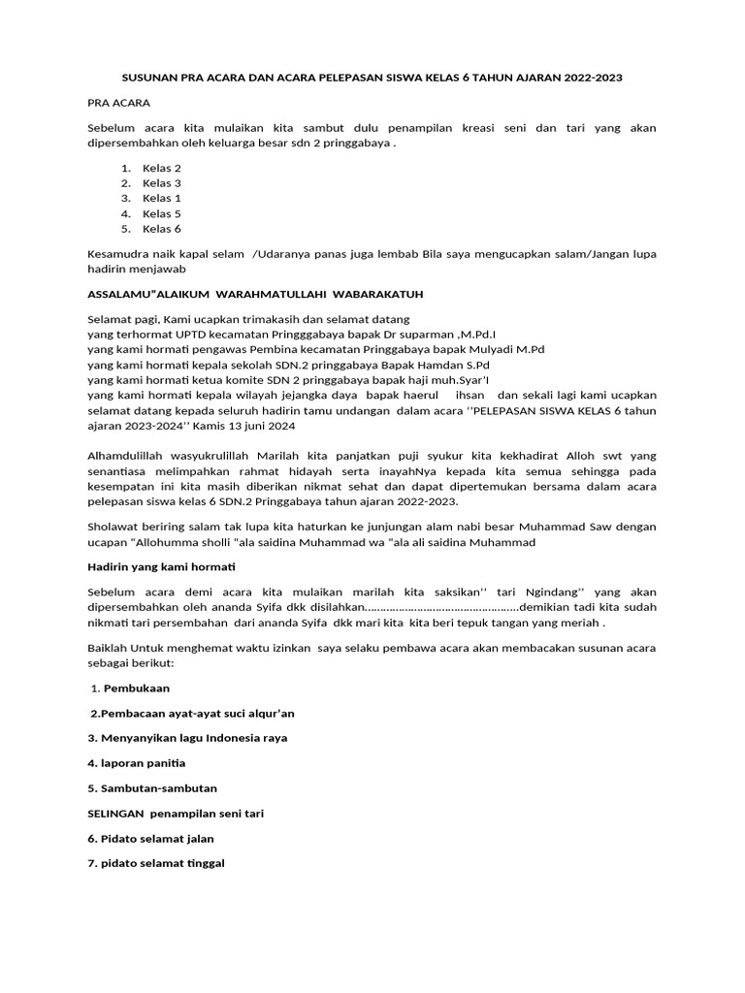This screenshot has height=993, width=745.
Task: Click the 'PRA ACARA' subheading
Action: (118, 102)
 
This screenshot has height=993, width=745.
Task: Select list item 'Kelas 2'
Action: (161, 168)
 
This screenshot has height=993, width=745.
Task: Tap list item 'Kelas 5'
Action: (161, 213)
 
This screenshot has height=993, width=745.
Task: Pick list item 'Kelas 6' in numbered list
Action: (161, 229)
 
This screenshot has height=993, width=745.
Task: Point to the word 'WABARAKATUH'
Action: (374, 293)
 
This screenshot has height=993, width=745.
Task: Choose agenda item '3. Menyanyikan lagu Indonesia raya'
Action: (187, 738)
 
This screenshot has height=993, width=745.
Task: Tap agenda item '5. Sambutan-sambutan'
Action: (152, 788)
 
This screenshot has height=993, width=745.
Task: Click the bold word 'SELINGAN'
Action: (116, 814)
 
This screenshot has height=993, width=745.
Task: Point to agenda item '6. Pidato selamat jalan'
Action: (150, 838)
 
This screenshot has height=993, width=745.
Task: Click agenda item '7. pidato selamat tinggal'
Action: (156, 863)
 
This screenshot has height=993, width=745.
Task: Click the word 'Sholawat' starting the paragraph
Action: (114, 527)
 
